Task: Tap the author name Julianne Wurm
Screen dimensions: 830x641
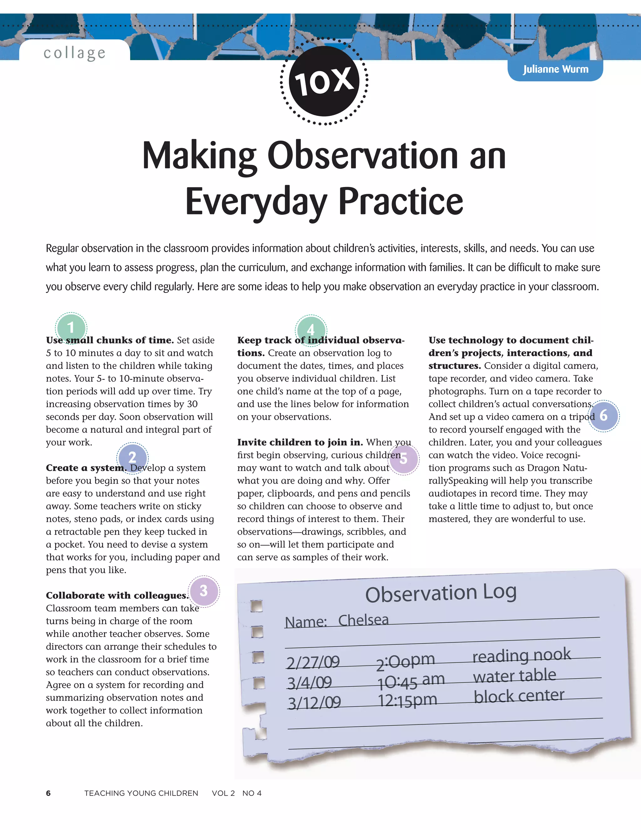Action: point(555,70)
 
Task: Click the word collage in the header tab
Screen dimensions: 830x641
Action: point(74,53)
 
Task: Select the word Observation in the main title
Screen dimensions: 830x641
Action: point(363,156)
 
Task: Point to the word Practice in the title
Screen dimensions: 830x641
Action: point(401,201)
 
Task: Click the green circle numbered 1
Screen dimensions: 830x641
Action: point(71,328)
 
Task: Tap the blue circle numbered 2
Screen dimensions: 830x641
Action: point(132,457)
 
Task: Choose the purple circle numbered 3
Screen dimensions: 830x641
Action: point(204,591)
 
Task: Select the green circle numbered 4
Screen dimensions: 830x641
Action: point(310,330)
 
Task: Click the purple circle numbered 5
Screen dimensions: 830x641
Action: point(404,459)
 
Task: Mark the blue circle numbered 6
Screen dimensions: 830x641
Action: point(603,415)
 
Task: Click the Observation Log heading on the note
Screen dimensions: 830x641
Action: point(440,593)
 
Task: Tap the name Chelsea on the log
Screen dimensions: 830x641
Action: point(363,620)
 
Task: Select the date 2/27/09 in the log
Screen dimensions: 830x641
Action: point(313,662)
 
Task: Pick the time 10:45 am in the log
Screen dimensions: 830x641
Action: point(411,681)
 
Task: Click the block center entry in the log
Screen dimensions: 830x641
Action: point(519,696)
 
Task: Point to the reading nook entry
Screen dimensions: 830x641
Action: point(521,655)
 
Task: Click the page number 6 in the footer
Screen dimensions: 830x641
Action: point(48,793)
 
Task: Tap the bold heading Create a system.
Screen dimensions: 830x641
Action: point(86,468)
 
